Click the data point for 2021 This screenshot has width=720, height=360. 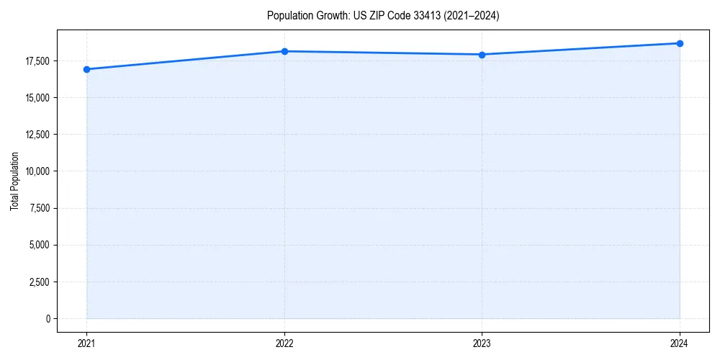86,69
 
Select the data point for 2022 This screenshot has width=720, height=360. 284,51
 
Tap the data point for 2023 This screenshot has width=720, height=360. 482,55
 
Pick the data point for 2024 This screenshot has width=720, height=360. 680,43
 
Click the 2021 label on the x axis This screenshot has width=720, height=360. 86,343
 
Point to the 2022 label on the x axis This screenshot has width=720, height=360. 284,343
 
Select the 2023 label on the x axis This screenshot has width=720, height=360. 482,343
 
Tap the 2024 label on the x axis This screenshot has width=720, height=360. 680,343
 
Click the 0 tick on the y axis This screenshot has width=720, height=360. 48,318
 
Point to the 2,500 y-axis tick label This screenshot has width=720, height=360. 39,282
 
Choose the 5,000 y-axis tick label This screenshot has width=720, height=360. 39,245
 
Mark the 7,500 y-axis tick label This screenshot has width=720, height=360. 39,208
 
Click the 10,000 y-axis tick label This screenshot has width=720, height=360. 37,171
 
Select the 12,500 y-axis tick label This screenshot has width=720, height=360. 37,135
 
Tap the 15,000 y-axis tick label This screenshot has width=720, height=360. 37,98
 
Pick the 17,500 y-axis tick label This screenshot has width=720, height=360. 37,61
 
